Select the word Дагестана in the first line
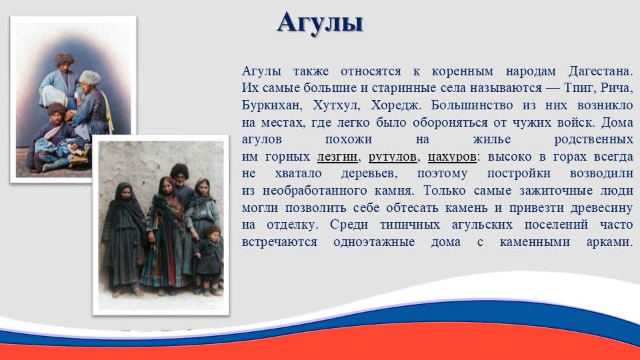pyautogui.click(x=600, y=71)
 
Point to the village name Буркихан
pyautogui.click(x=272, y=106)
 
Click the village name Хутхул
pyautogui.click(x=336, y=106)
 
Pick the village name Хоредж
pyautogui.click(x=395, y=106)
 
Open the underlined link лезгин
pyautogui.click(x=337, y=157)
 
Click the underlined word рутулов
pyautogui.click(x=392, y=157)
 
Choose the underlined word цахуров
pyautogui.click(x=452, y=157)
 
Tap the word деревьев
pyautogui.click(x=369, y=174)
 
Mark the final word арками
pyautogui.click(x=609, y=242)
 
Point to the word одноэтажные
pyautogui.click(x=374, y=242)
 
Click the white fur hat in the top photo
pyautogui.click(x=90, y=77)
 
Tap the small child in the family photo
pyautogui.click(x=209, y=260)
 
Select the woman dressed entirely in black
pyautogui.click(x=123, y=239)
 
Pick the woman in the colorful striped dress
pyautogui.click(x=165, y=236)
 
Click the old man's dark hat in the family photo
pyautogui.click(x=179, y=171)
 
